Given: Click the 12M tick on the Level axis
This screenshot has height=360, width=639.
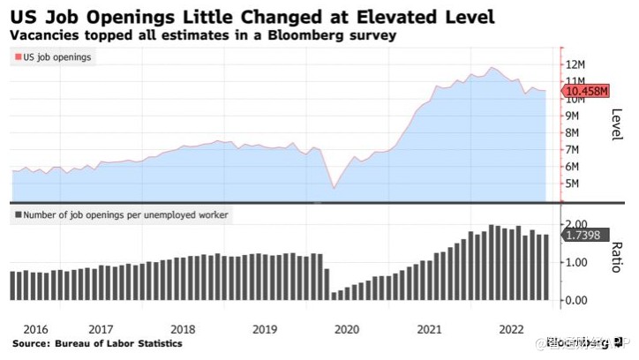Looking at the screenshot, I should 578,64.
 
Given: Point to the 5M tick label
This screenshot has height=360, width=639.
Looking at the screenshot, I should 574,184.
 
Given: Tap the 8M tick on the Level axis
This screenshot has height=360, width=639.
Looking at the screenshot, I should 574,132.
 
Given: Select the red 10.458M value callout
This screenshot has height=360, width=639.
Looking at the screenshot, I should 586,90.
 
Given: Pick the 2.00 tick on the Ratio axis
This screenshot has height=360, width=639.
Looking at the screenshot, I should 578,224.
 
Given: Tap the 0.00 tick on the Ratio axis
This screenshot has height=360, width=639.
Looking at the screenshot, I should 578,300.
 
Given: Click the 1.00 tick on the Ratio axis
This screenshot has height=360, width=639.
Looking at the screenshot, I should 578,262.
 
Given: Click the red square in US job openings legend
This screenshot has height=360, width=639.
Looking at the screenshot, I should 18,57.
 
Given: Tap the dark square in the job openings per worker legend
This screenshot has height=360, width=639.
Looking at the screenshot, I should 18,214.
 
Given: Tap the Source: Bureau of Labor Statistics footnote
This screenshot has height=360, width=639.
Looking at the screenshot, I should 97,343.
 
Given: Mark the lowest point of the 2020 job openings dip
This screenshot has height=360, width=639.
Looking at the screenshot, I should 334,188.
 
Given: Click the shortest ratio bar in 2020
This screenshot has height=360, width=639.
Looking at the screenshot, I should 335,296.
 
